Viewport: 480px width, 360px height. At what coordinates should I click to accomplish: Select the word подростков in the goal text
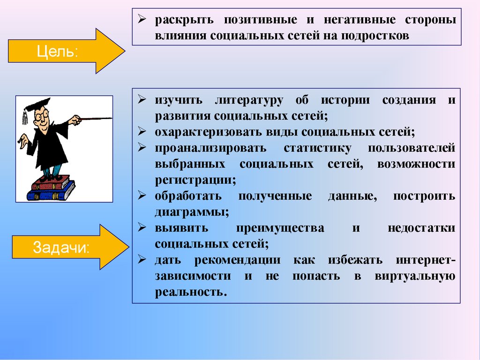[x=373, y=35]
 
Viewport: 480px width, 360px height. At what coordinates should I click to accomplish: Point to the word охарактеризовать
[x=203, y=132]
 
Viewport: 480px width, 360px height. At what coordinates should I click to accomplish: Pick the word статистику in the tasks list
[x=317, y=148]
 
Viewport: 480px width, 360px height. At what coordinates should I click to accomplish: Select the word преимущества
[x=280, y=228]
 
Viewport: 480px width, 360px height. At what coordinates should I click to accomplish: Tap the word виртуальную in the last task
[x=414, y=276]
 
